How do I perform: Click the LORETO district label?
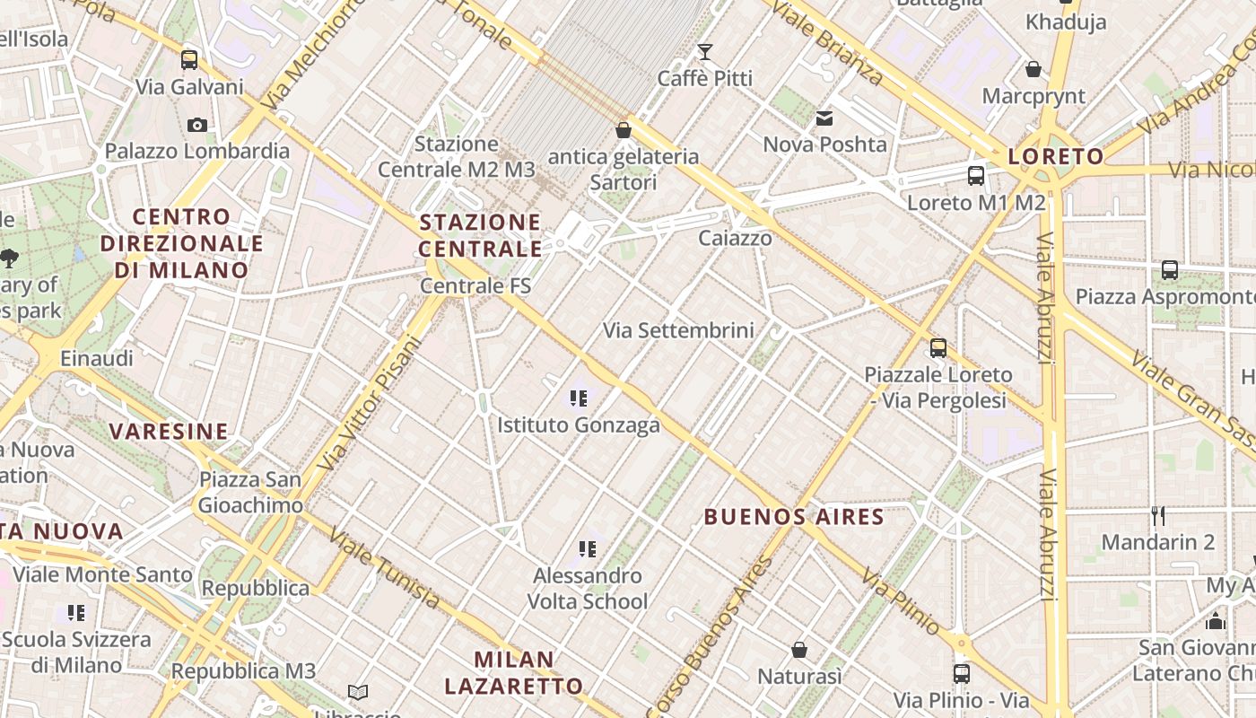coord(1056,157)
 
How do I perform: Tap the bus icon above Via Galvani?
coord(189,60)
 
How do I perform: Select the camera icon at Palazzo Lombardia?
coord(197,125)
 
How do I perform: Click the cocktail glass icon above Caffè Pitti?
coord(705,52)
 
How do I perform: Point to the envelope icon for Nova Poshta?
coord(824,118)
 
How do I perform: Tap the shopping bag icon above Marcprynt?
coord(1034,69)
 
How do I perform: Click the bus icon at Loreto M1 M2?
coord(976,176)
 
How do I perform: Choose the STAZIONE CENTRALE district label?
coord(481,235)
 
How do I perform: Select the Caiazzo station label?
coord(735,238)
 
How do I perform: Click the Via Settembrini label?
coord(678,330)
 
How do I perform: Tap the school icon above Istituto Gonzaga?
coord(579,398)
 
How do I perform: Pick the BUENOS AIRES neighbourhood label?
coord(794,517)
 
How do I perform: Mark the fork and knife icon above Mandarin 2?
coord(1158,515)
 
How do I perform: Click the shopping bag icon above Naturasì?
coord(799,649)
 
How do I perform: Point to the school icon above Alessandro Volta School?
coord(588,548)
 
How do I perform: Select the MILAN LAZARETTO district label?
coord(514,673)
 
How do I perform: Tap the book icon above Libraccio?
coord(358,692)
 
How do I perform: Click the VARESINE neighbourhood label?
coord(169,432)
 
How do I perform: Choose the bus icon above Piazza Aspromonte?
coord(1170,269)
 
